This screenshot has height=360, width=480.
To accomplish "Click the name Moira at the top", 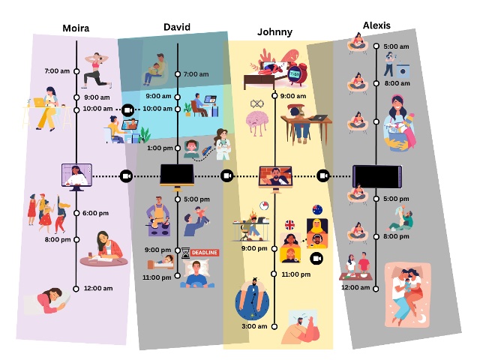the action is (76, 28).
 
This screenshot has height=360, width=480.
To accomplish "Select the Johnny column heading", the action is (274, 31).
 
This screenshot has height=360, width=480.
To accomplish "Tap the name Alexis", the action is (376, 25).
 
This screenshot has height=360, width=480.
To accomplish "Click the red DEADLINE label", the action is (205, 253).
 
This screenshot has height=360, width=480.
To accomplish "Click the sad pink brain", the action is (256, 122).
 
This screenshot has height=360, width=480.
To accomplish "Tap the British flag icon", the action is (289, 225).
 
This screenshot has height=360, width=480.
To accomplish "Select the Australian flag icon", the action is (317, 210).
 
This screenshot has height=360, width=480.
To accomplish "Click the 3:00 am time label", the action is (254, 326).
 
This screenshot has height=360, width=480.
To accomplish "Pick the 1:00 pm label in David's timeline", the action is (160, 148).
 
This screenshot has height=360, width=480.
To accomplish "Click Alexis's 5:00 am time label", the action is (396, 46).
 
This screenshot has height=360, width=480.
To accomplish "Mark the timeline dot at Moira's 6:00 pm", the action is (76, 213).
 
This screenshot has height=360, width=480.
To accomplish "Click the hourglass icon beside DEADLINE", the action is (185, 253).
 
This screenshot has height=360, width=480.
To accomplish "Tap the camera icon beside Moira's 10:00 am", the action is (127, 110).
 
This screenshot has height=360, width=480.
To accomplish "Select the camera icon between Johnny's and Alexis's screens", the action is (323, 176).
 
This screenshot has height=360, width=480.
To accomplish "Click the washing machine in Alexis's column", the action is (403, 70).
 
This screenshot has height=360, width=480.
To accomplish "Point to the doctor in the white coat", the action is (223, 144).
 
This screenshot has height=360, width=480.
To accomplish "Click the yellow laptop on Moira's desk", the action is (39, 102).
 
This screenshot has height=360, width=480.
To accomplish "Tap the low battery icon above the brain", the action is (256, 104).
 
